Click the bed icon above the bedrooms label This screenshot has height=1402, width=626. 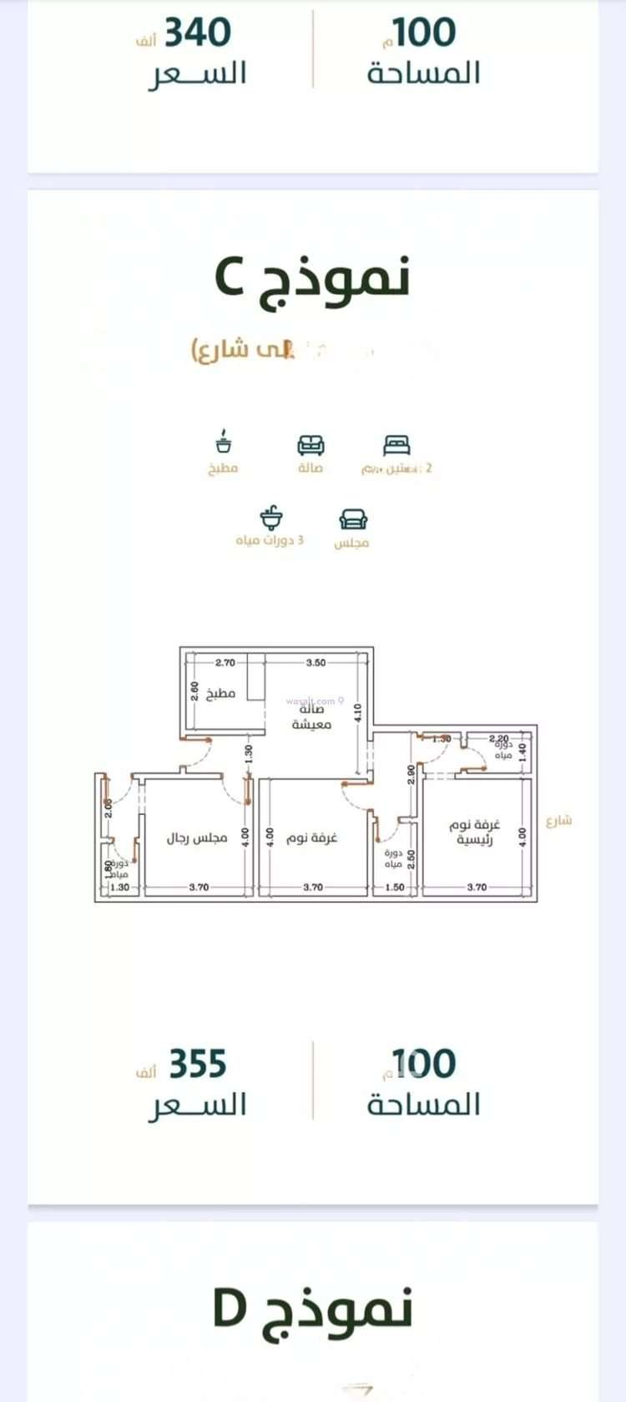coord(396,443)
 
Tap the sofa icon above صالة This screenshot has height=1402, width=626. coord(311,443)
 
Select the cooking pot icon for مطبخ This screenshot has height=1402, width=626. coord(223,442)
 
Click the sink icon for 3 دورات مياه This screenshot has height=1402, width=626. coord(270,518)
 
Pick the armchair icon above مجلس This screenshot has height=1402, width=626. coord(351,519)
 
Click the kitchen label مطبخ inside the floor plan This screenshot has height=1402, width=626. coord(221,693)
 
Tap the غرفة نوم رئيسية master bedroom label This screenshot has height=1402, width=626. coord(476,833)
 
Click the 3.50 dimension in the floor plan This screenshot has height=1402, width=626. coord(316,663)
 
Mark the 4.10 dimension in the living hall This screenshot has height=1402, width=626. coord(357,712)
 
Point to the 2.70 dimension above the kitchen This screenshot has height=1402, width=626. coord(225,663)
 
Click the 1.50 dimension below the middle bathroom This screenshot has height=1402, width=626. coord(395,888)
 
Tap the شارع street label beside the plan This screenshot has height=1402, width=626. coord(558,820)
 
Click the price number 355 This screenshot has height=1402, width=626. coord(198,1064)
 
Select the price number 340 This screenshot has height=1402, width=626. coord(198,33)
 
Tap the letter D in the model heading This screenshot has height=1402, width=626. coord(230,1310)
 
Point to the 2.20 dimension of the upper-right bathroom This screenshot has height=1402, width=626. coord(498,739)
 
